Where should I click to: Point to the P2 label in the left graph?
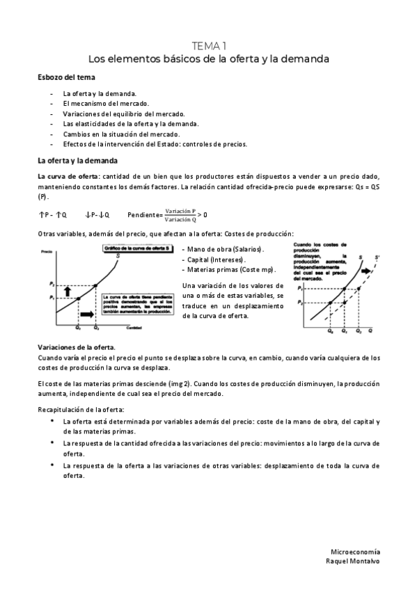point(51,284)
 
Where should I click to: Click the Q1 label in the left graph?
point(78,327)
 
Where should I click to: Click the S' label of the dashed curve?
point(377,257)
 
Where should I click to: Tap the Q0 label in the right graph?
point(329,332)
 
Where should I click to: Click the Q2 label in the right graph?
point(359,332)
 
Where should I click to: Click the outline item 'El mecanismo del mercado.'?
point(104,103)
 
